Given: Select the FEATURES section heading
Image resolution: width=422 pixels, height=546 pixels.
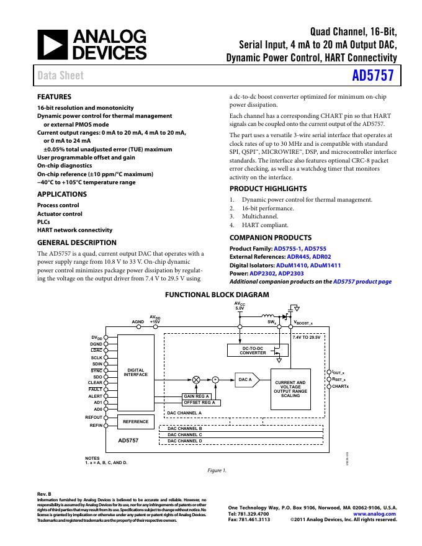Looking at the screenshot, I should coord(55,97).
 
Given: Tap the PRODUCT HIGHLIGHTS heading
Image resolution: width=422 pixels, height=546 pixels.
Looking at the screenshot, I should coord(268,189).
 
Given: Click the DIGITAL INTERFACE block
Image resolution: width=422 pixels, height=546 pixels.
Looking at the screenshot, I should coord(135,372).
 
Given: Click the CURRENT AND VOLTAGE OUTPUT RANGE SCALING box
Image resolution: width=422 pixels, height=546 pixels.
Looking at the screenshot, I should coord(290,389).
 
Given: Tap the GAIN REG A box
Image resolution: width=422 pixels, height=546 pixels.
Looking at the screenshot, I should coord(197,396).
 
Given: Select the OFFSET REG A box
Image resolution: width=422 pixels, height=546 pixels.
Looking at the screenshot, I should coord(199,403).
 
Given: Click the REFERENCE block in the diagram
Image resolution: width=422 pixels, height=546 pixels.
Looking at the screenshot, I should coord(135,422).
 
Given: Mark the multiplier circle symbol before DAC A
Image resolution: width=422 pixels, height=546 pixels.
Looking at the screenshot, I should coord(197,378).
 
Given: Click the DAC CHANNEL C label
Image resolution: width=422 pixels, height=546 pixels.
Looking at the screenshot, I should coord(185,434).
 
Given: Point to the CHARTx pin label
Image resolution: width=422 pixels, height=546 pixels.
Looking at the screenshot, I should coord(340,387).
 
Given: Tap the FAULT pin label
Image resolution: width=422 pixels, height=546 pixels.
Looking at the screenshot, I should coord(96,389).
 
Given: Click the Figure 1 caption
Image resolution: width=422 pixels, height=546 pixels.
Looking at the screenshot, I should coord(216,470).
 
